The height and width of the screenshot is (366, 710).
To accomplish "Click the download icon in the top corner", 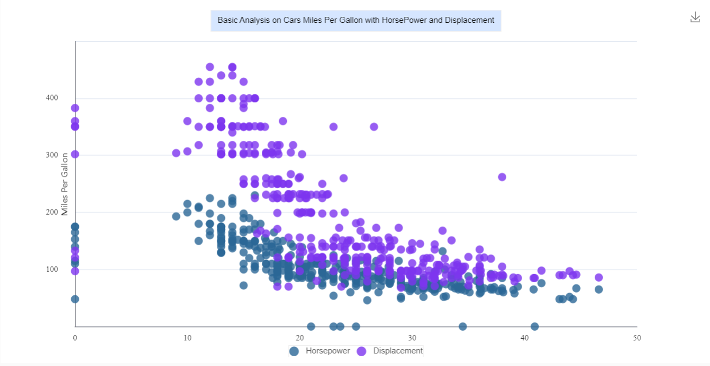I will coord(695,17).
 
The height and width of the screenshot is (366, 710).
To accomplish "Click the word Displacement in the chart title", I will coord(469,20).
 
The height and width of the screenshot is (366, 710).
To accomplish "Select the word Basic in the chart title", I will coord(228,20).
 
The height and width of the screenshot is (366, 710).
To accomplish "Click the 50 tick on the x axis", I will coord(637,338).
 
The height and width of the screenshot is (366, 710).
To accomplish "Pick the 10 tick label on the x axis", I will coord(187,338).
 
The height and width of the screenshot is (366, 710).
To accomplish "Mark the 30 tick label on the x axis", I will coord(412,338).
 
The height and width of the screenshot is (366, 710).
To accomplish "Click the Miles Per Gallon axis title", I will coord(65,184).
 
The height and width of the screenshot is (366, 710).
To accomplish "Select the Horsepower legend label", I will coord(328,351).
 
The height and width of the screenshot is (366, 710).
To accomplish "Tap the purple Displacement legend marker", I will coord(361,351).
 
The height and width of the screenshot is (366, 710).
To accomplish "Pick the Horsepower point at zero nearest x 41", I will coord(535,326).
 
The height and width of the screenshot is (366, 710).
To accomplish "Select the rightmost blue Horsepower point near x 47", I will coord(599,289).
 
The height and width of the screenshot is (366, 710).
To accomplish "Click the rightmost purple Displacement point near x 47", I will coord(599,277).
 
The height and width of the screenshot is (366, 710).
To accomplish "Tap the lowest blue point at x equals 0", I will coord(75,299).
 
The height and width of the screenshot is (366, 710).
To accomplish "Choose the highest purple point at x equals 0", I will coord(75,108).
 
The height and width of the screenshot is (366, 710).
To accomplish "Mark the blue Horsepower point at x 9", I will coord(176,216).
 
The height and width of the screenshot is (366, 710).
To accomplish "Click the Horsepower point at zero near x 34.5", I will coord(462,326).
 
